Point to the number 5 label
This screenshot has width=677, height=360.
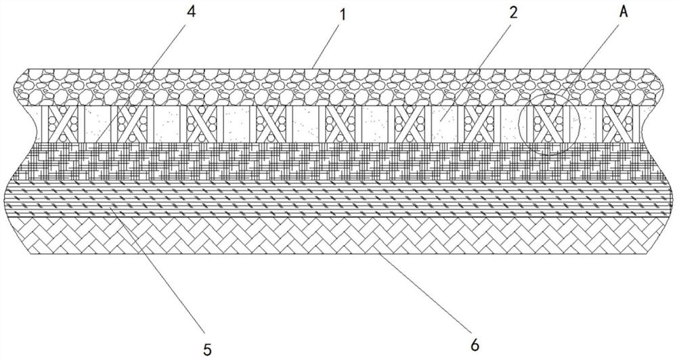click(207, 349)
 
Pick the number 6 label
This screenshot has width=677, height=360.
click(474, 346)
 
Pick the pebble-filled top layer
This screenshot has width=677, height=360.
click(338, 87)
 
